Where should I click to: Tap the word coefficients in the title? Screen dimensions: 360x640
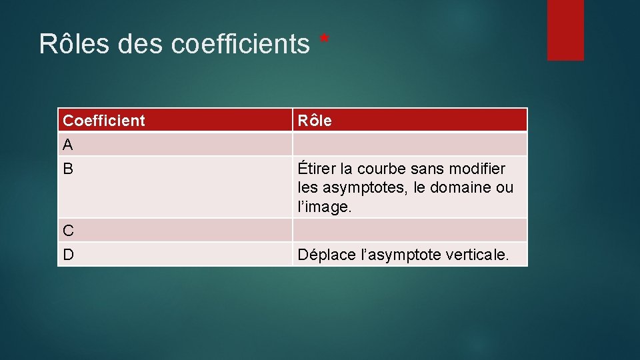pos(240,44)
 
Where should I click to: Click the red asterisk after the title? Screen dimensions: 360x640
pos(325,41)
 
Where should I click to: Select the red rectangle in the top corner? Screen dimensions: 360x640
pos(565,29)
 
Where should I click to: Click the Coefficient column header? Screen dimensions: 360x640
pos(104,121)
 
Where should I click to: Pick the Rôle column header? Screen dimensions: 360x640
pos(315,121)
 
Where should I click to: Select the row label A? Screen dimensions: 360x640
pos(68,145)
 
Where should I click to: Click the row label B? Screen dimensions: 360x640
pos(68,169)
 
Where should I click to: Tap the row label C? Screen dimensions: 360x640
pos(68,231)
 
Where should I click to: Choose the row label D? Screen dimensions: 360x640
pos(68,255)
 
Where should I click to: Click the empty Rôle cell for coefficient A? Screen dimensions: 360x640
pos(409,145)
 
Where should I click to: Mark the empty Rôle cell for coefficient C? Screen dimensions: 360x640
pos(409,231)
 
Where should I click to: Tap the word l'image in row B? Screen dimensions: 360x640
pos(324,207)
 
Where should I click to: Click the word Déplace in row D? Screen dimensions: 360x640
pos(325,255)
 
